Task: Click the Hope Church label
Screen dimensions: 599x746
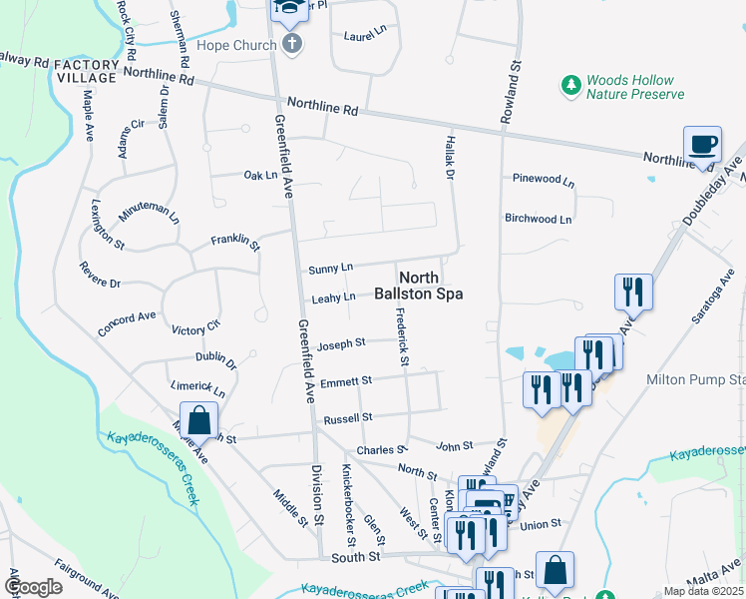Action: [241, 45]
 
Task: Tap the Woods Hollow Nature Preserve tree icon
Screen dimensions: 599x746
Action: [571, 86]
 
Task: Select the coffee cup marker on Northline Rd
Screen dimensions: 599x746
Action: [701, 145]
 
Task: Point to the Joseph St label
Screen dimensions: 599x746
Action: [341, 344]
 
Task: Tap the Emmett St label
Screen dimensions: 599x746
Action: [347, 380]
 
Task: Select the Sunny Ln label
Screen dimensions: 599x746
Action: [331, 269]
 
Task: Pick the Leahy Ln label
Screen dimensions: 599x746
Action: [334, 298]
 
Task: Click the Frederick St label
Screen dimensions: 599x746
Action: [403, 336]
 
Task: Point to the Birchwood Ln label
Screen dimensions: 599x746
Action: [538, 219]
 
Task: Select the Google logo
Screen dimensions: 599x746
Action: [33, 587]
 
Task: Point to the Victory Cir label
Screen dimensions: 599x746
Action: [195, 327]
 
